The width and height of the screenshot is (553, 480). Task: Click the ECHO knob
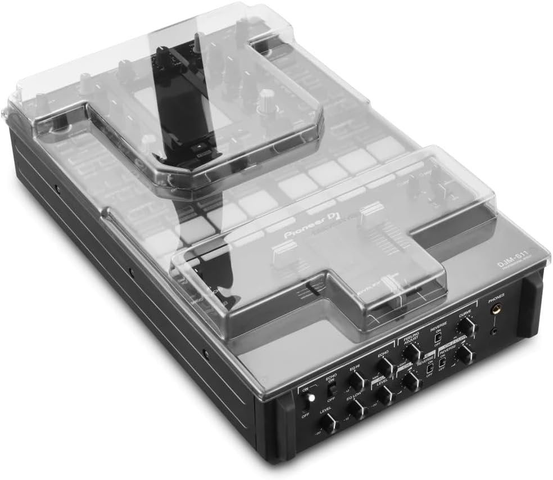tap(385, 366)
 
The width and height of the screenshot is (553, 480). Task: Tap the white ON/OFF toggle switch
tap(306, 402)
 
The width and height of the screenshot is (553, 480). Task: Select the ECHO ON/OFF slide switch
tap(332, 387)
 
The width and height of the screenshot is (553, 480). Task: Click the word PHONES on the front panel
tap(496, 295)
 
